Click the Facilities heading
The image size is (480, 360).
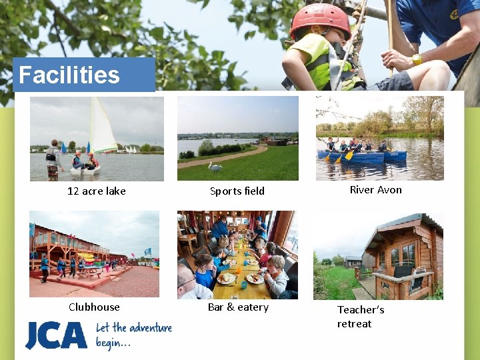(69, 75)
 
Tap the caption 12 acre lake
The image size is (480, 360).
(96, 191)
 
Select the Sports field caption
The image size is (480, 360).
(237, 191)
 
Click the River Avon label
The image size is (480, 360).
(375, 190)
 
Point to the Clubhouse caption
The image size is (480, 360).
(94, 307)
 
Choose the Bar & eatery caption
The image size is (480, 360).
(238, 307)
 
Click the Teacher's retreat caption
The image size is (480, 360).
(360, 317)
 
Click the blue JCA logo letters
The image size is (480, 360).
(56, 335)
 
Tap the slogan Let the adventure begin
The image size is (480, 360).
(133, 335)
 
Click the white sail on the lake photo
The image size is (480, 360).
(102, 127)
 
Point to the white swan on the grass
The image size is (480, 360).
(215, 167)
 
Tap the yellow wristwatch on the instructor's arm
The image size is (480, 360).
(417, 59)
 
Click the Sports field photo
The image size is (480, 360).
(237, 138)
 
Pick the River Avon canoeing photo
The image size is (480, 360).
(379, 138)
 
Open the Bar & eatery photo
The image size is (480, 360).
(237, 255)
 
